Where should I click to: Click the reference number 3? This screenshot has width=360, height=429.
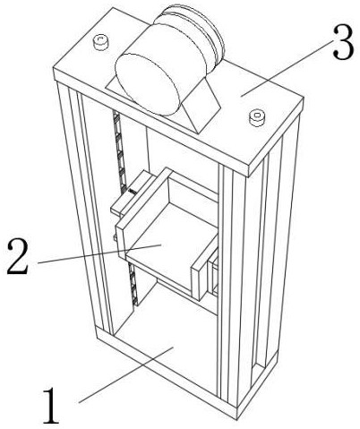344,42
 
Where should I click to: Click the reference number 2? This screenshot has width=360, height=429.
18,256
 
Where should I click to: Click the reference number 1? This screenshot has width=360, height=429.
51,406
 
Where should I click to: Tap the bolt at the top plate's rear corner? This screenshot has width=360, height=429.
100,42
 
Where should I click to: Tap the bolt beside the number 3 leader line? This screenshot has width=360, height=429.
257,117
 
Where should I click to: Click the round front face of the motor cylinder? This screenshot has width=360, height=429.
147,84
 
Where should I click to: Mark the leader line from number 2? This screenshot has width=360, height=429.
99,254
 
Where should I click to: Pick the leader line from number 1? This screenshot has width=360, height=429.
126,375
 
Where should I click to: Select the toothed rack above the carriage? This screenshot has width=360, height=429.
121,150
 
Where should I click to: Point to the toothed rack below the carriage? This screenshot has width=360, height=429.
133,285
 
